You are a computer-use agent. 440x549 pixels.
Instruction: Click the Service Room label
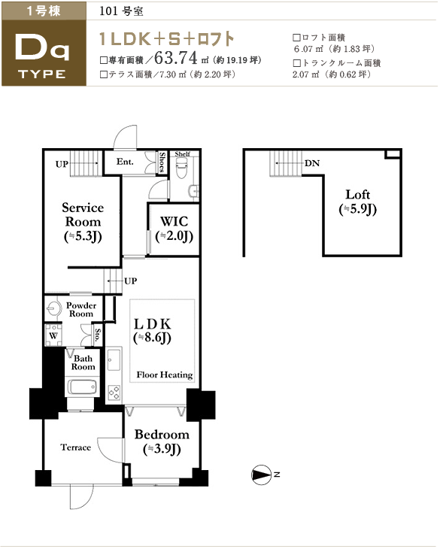tap(83, 222)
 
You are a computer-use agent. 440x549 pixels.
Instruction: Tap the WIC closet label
tap(174, 229)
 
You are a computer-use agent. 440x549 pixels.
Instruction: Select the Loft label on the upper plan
tap(358, 202)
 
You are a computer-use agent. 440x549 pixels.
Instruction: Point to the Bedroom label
tap(162, 441)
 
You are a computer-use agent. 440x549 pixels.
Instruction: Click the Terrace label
tap(76, 447)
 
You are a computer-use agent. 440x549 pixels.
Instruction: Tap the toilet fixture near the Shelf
tap(181, 168)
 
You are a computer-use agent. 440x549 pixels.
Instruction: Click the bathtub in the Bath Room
tap(82, 387)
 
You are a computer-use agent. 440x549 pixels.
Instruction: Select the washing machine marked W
tap(53, 335)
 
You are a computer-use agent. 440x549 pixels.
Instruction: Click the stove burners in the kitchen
tap(114, 392)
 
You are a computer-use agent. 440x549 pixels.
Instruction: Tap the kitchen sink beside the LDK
tap(114, 359)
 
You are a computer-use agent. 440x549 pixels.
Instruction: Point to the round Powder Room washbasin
tap(53, 308)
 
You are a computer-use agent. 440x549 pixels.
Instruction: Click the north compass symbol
tap(262, 475)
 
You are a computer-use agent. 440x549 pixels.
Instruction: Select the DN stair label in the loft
tap(312, 163)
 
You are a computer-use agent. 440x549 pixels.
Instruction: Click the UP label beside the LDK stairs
tap(130, 281)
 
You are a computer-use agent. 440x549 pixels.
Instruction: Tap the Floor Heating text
tap(165, 375)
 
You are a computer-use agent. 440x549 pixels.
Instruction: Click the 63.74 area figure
tap(175, 58)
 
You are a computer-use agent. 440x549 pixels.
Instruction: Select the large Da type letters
tap(43, 48)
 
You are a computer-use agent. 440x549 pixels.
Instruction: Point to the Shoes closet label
tap(162, 162)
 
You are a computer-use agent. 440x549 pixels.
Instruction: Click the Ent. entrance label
tap(125, 162)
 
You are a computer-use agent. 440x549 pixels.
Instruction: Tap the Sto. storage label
tap(98, 335)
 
